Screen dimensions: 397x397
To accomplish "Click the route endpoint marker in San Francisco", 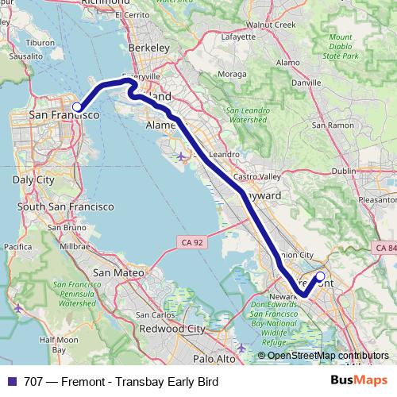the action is click(77, 106).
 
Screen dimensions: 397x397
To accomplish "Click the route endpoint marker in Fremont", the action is click(321, 276).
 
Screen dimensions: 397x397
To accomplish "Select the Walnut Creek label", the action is click(271, 25).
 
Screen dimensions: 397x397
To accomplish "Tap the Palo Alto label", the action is click(215, 359).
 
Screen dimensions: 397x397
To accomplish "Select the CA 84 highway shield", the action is click(384, 249).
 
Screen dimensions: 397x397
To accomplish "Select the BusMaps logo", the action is click(359, 382).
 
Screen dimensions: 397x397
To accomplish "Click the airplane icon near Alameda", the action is click(183, 155).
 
